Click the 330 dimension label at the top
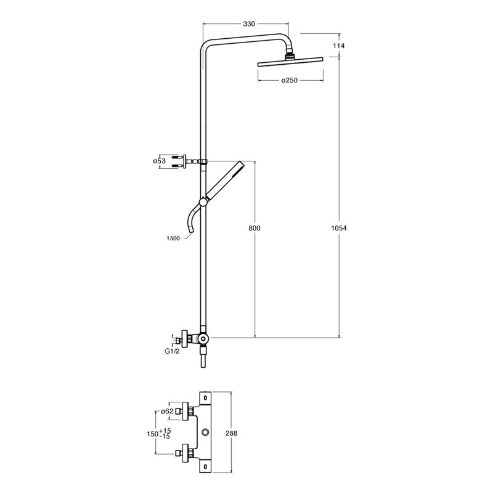249,23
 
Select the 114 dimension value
338,46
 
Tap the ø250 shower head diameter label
289,81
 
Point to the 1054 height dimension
339,228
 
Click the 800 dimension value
255,228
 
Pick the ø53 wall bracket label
159,161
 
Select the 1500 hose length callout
173,238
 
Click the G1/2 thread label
173,351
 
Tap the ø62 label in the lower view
167,411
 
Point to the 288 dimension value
232,433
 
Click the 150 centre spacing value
152,434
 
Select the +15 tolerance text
165,430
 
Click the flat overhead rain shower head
290,62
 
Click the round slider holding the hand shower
203,202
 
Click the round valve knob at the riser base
204,338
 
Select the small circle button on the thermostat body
206,433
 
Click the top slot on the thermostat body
206,397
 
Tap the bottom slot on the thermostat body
206,466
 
